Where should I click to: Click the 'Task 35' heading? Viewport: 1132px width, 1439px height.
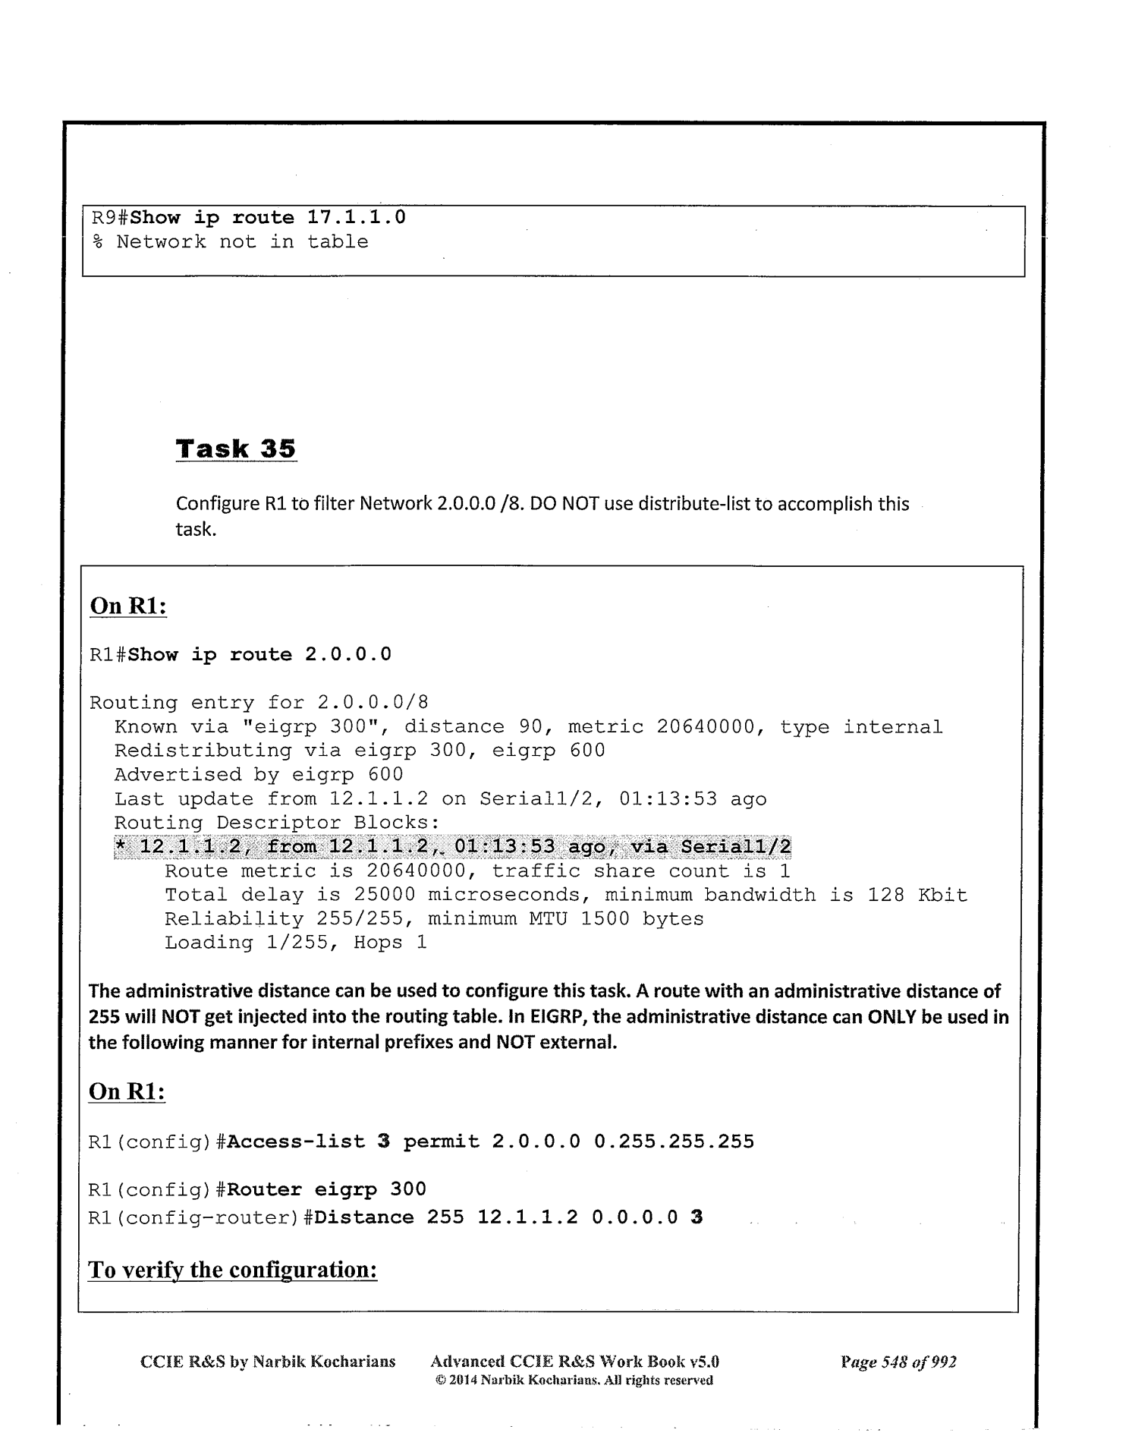point(235,449)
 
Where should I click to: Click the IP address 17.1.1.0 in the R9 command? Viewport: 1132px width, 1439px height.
point(356,218)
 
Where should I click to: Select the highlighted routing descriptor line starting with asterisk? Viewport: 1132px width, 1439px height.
point(451,847)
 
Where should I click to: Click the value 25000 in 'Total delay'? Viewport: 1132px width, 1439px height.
point(385,896)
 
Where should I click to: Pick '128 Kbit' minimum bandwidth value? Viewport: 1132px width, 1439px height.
point(917,896)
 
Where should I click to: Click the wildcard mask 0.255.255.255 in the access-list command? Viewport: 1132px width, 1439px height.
point(674,1141)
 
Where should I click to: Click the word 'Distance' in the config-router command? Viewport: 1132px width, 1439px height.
point(364,1217)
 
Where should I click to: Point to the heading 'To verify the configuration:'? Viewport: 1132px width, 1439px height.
point(233,1270)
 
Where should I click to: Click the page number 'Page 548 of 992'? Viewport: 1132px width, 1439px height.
point(898,1362)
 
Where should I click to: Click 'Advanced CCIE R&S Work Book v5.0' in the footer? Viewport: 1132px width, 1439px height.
point(574,1362)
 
